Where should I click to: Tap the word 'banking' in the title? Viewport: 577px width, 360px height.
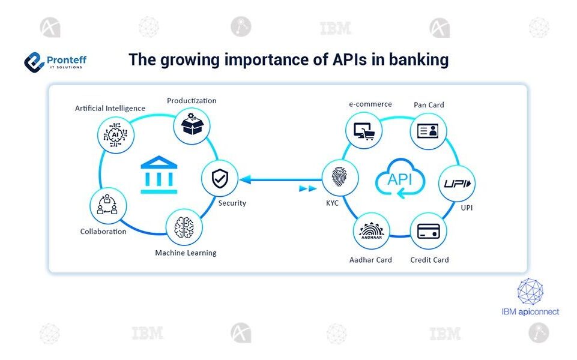coord(419,60)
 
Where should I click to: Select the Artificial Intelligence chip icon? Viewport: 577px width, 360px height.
coord(115,134)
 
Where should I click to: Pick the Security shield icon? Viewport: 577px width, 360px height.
coord(219,178)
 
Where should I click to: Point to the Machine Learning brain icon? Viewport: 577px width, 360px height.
coord(184,227)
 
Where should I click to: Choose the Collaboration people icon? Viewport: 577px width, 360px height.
coord(107,205)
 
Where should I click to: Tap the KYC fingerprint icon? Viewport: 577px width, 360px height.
coord(340,178)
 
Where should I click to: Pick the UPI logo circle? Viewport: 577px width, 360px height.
coord(458,183)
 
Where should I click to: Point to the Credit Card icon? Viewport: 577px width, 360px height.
coord(428,232)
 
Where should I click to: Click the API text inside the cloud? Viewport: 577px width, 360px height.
coord(400,179)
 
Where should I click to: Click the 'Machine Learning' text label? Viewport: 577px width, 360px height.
coord(186,253)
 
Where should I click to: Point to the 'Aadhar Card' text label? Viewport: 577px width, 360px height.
coord(370,260)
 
